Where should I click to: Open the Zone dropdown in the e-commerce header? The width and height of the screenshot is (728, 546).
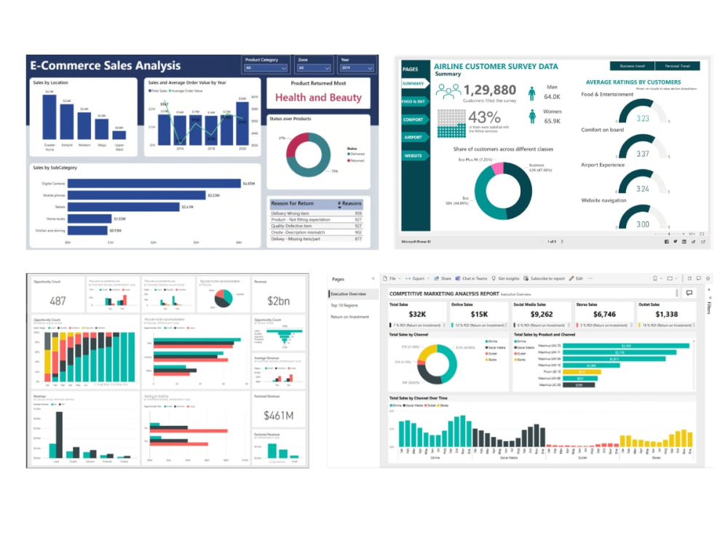click(x=312, y=68)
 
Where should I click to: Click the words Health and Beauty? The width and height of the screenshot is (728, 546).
click(x=318, y=98)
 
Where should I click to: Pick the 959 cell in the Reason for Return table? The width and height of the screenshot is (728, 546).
click(x=357, y=213)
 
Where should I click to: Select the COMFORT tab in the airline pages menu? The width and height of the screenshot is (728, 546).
click(x=413, y=119)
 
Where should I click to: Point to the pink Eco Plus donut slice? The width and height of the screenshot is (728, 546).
click(x=497, y=169)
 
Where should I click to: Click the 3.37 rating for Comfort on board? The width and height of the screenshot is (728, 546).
click(x=642, y=154)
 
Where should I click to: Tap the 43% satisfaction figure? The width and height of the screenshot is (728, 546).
click(x=485, y=117)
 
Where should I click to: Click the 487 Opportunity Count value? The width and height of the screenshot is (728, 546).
click(x=58, y=301)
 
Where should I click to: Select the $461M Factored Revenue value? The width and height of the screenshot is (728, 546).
click(x=280, y=416)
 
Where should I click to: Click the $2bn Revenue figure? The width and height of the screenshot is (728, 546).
click(x=280, y=301)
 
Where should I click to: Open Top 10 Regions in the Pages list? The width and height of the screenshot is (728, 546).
click(x=345, y=306)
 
